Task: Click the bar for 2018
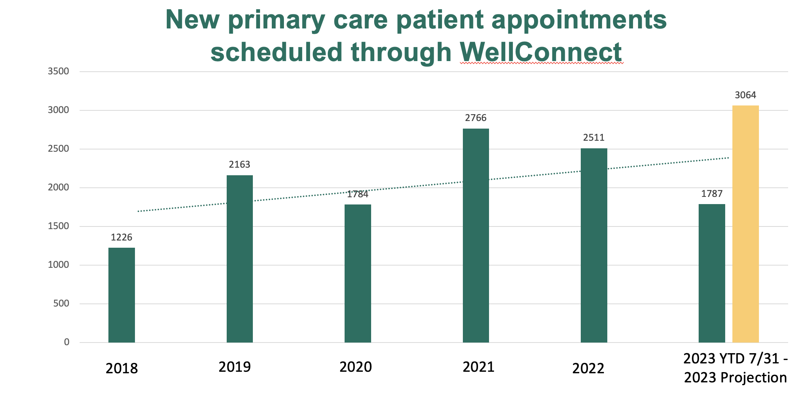(121, 295)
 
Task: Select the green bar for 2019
(240, 259)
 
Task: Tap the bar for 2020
(357, 273)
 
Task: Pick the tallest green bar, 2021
(476, 235)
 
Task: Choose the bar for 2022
(594, 245)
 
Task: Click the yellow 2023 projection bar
(745, 224)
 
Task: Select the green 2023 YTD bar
(712, 273)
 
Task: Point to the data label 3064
(745, 95)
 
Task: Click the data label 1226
(121, 237)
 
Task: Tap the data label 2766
(476, 118)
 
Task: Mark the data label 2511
(594, 137)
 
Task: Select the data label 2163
(240, 165)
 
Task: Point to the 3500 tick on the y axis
(58, 71)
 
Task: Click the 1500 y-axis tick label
(58, 226)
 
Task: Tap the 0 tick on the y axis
(67, 342)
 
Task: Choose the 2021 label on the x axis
(478, 367)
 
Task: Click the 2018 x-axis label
(122, 369)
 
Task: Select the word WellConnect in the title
(541, 52)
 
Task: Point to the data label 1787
(712, 194)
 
